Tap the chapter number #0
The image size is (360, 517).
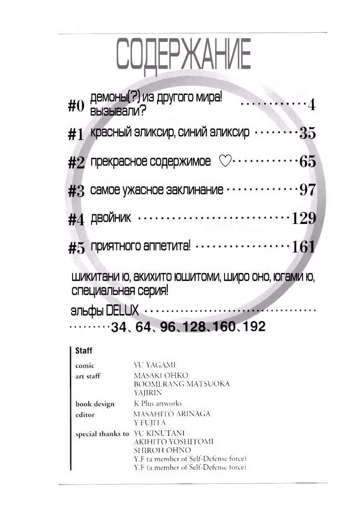76,107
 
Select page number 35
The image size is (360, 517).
308,133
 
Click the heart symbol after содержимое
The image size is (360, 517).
225,161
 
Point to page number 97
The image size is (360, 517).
308,190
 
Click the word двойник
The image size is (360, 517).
111,217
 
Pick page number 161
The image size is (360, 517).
303,247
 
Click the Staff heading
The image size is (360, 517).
84,351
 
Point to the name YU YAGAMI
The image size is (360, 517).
155,365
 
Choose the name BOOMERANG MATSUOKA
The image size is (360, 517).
182,384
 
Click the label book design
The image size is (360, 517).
95,404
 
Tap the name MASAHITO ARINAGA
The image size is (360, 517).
172,414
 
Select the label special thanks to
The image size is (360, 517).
102,434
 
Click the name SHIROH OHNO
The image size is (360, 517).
163,450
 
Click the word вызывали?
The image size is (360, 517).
118,111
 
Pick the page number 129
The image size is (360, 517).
304,218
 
